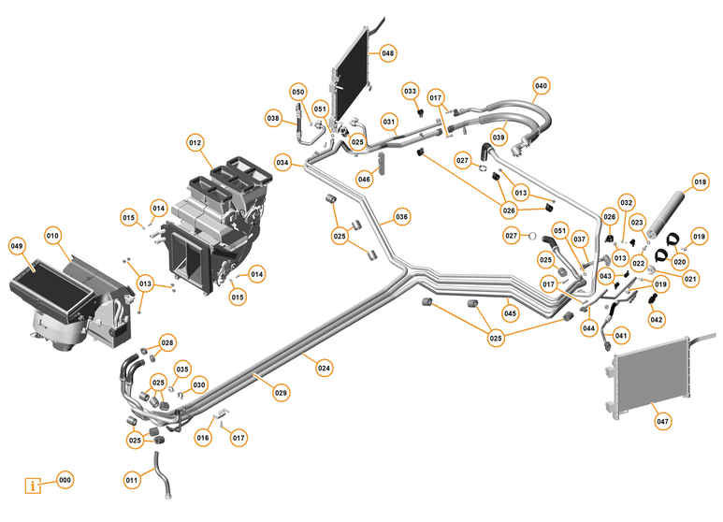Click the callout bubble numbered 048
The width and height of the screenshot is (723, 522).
pos(387,52)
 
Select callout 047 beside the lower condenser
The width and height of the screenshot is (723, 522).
pos(662,422)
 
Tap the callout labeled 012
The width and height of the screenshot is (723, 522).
pos(195,143)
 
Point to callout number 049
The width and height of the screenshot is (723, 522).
pos(17,246)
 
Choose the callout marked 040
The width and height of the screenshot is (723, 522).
pos(541,85)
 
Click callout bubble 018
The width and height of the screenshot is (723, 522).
pos(700,181)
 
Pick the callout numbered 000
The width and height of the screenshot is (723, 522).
pos(65,479)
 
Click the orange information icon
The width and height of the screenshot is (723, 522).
pos(36,486)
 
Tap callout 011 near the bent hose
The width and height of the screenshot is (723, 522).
pos(132,480)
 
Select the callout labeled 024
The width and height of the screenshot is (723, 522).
pos(324,368)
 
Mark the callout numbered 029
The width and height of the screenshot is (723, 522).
pos(281,393)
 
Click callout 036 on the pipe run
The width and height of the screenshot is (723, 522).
pos(401,216)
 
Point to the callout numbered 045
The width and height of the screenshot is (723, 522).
pos(510,313)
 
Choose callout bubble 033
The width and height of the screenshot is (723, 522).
pos(411,91)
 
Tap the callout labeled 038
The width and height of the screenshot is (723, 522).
pos(273,118)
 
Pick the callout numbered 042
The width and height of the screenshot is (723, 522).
pos(656,319)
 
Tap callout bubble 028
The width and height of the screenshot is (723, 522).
pos(166,343)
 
